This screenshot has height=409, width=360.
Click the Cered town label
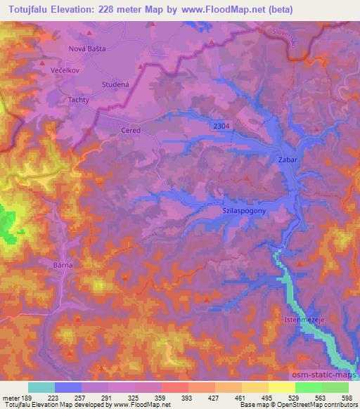[131, 130]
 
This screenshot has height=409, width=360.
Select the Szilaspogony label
[245, 210]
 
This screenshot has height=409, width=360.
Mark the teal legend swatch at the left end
[41, 387]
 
